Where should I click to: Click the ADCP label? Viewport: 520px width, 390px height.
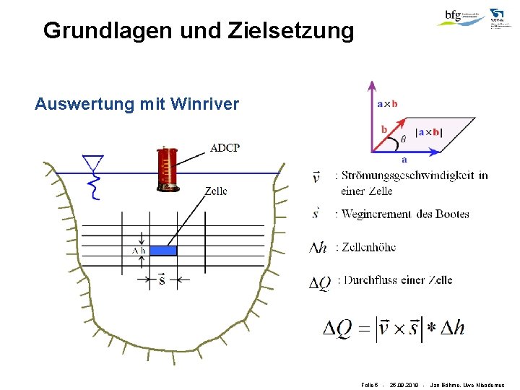[x=225, y=148]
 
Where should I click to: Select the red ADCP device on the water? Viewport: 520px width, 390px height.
[x=168, y=169]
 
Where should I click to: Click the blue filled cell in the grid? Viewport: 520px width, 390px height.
[x=162, y=250]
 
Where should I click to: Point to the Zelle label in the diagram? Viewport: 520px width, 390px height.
[x=215, y=191]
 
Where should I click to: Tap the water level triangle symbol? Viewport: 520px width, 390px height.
[x=93, y=162]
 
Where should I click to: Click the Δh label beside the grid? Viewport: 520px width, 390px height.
[x=139, y=251]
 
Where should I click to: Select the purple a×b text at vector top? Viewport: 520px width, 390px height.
[x=387, y=104]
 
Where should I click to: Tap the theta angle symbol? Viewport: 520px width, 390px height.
[x=403, y=137]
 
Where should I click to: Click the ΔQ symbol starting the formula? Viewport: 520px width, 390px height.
[x=337, y=329]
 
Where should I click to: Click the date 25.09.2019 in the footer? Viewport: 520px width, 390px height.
[x=404, y=385]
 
